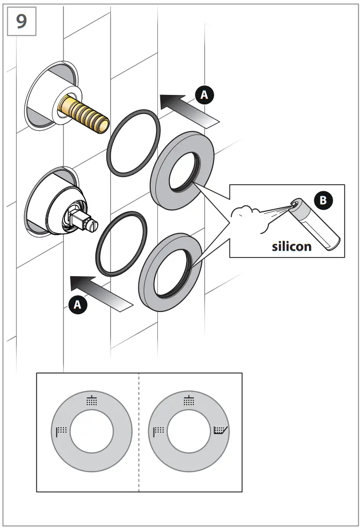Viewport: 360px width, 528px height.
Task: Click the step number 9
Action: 21,21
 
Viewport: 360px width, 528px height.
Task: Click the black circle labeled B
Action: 323,200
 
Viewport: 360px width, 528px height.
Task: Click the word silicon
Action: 291,246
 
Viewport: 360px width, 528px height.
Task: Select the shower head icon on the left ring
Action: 92,401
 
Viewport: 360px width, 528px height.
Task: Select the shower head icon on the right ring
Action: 189,401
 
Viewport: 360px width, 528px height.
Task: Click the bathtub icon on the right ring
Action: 221,431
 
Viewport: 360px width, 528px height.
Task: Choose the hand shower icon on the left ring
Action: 61,431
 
